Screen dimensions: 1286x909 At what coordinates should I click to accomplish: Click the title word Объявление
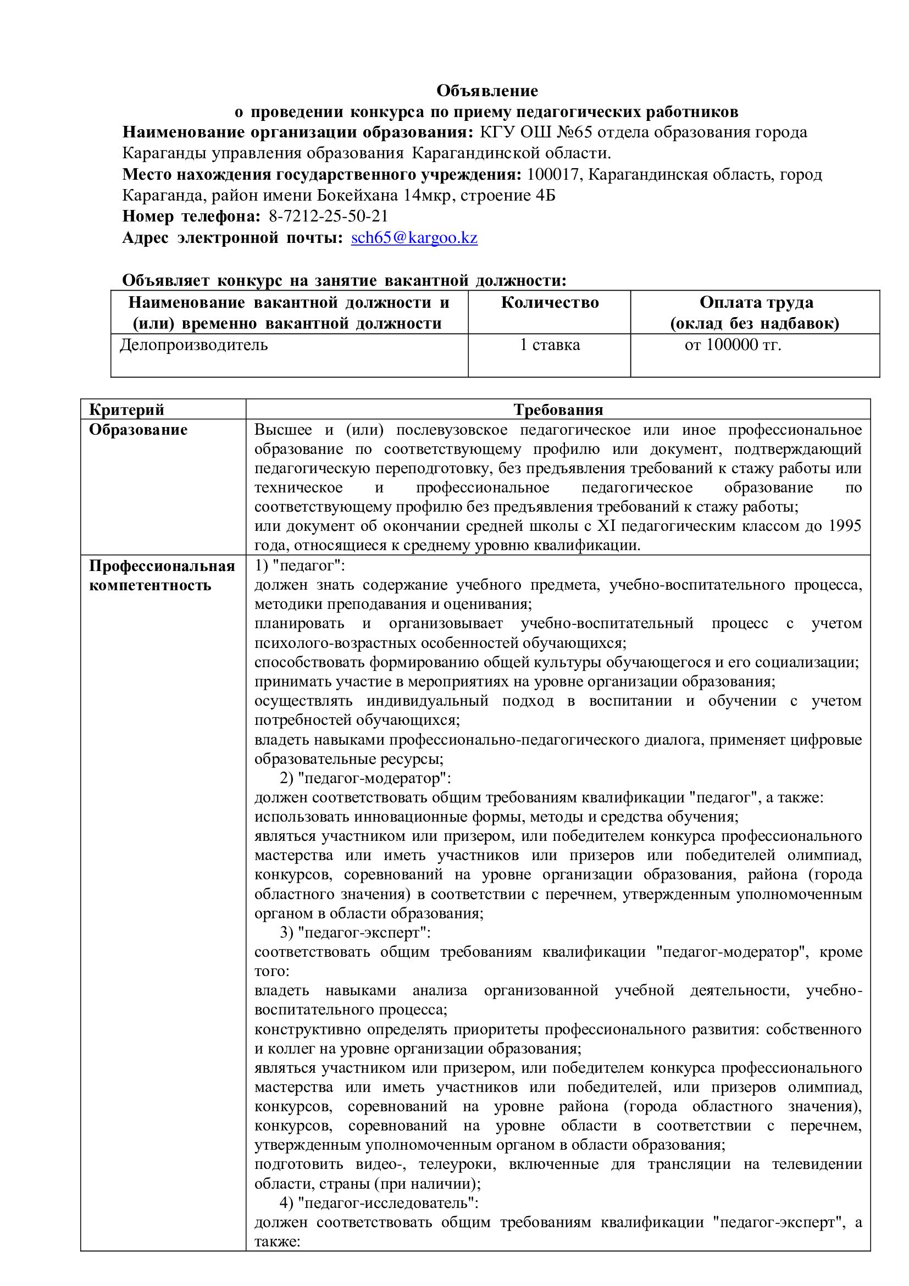(x=487, y=91)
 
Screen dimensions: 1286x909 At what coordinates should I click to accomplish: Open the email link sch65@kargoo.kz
(x=414, y=237)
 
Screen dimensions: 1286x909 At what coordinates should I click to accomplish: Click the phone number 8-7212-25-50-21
(x=328, y=216)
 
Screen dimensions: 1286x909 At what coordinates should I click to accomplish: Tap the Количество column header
(x=550, y=303)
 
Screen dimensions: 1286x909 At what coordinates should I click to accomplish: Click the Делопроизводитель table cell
(x=194, y=345)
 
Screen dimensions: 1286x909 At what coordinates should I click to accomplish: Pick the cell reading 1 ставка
(x=550, y=345)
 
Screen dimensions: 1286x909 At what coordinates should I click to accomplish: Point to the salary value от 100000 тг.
(x=733, y=345)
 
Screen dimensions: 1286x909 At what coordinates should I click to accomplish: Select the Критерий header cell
(x=126, y=409)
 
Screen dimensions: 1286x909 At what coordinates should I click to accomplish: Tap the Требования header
(x=558, y=409)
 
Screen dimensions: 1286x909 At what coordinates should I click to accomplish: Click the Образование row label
(x=138, y=430)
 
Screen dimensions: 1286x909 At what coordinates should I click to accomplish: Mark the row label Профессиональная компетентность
(x=162, y=575)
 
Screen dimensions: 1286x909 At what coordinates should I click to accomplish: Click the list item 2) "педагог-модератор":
(x=365, y=779)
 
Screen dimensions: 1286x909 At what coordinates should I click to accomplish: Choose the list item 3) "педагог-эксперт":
(x=354, y=933)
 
